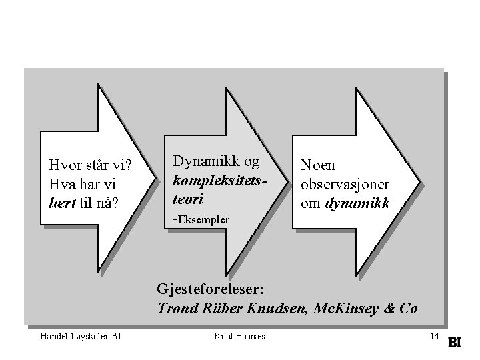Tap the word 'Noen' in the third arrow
click(x=318, y=165)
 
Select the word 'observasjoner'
click(x=345, y=184)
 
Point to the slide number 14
click(x=434, y=336)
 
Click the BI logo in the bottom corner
click(x=455, y=341)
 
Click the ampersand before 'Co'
click(x=390, y=309)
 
